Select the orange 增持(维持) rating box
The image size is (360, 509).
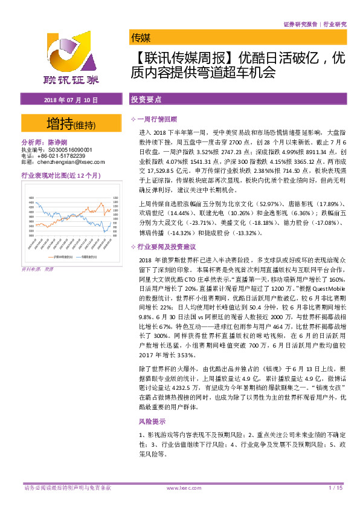point(71,124)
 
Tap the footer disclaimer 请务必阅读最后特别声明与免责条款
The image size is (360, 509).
point(67,487)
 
